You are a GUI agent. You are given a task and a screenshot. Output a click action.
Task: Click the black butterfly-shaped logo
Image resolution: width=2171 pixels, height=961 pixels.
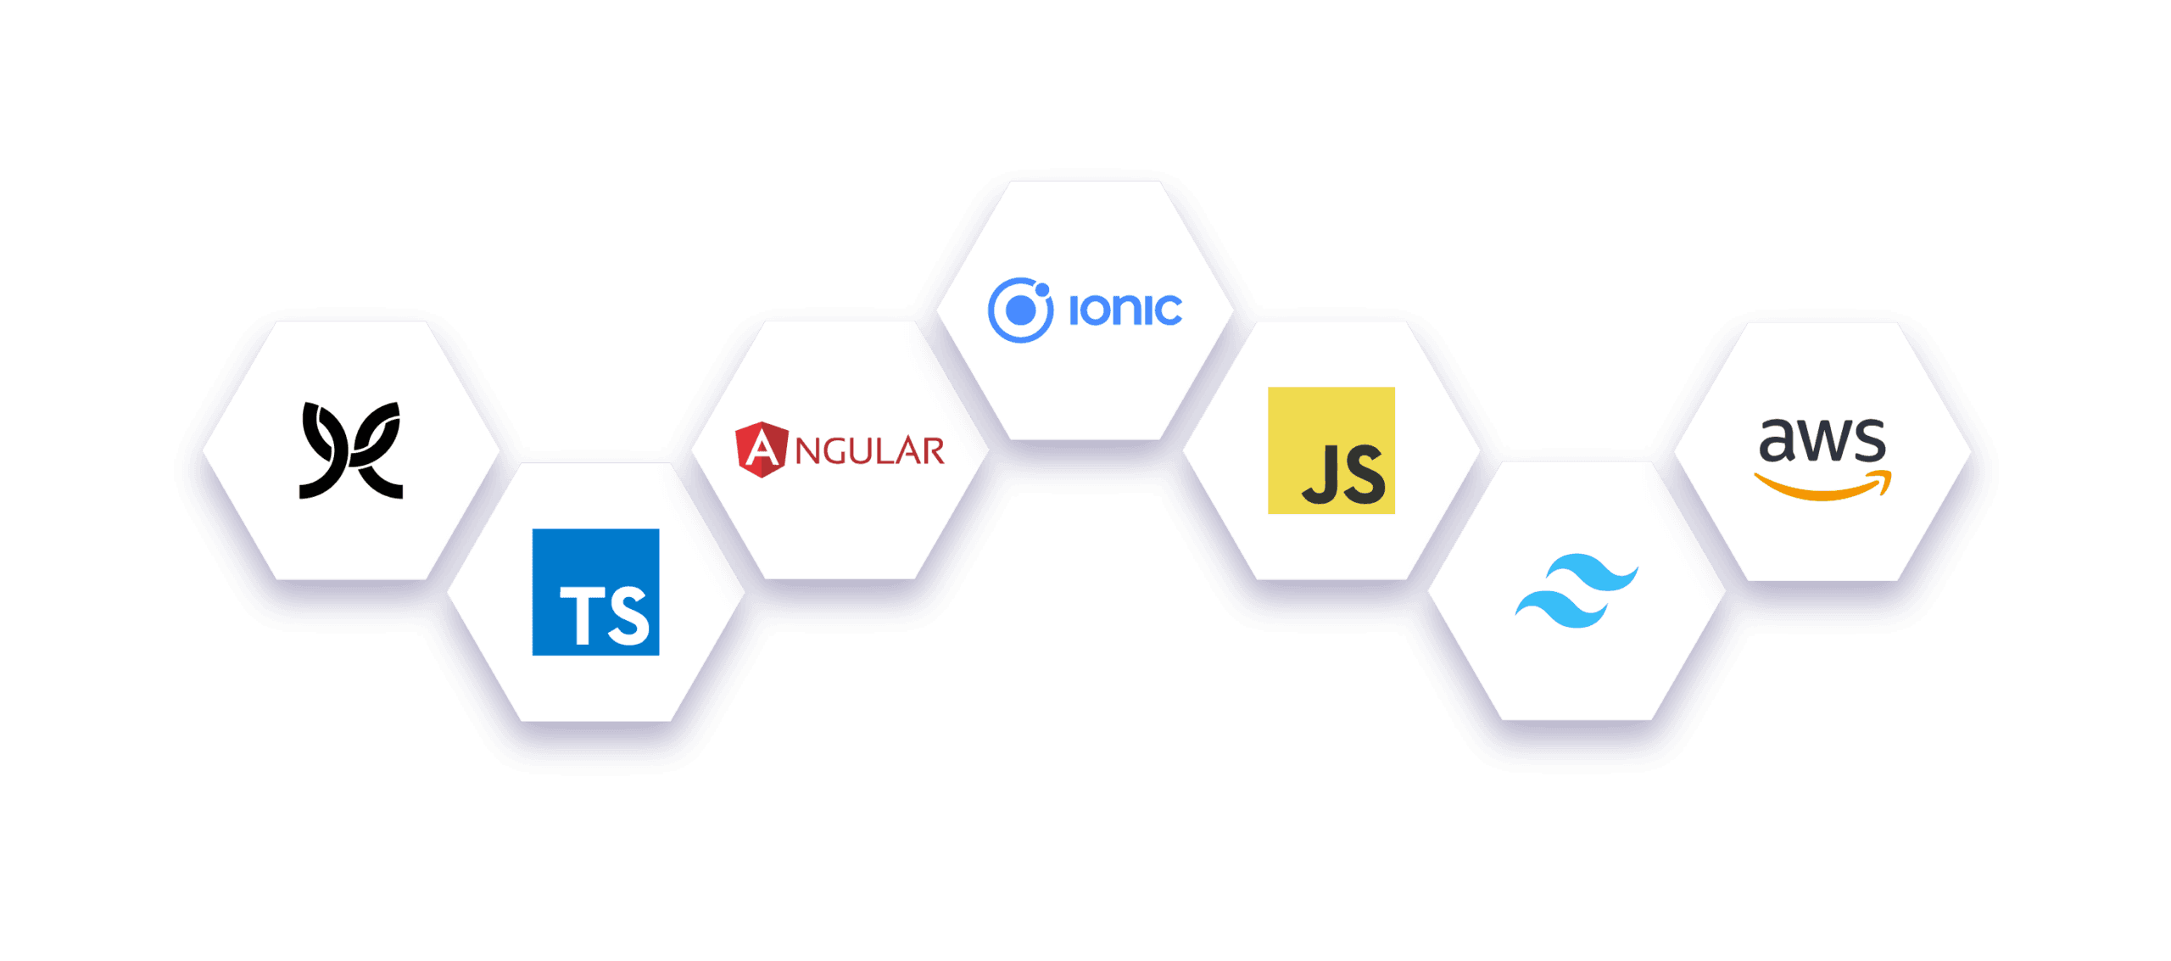pyautogui.click(x=351, y=450)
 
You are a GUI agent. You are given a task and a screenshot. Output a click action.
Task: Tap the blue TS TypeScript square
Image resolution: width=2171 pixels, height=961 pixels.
pyautogui.click(x=595, y=592)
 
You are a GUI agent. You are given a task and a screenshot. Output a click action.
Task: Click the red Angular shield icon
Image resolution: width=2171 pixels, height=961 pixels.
pyautogui.click(x=761, y=450)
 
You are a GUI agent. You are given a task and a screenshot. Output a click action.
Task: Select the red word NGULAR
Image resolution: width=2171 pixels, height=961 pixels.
pyautogui.click(x=869, y=451)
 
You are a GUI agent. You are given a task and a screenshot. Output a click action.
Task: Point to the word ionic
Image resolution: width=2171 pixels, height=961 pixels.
pyautogui.click(x=1125, y=310)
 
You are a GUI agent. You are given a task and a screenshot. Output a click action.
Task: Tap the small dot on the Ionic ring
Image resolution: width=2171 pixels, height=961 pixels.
pyautogui.click(x=1042, y=290)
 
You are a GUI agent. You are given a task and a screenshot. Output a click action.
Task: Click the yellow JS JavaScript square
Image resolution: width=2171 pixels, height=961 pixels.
pyautogui.click(x=1331, y=450)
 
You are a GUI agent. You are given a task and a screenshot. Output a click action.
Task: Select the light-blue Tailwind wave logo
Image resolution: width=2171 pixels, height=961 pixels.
pyautogui.click(x=1577, y=591)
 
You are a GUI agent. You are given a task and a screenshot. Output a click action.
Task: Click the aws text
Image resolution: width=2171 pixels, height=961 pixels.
pyautogui.click(x=1822, y=439)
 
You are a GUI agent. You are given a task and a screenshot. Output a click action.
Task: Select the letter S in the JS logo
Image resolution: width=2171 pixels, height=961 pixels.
pyautogui.click(x=1365, y=475)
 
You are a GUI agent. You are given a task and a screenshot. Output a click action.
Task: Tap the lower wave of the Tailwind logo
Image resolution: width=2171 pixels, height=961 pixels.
pyautogui.click(x=1561, y=610)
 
